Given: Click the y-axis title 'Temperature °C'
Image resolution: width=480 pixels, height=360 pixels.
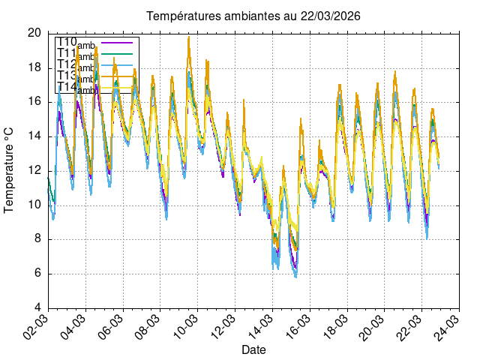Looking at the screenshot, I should pyautogui.click(x=10, y=169).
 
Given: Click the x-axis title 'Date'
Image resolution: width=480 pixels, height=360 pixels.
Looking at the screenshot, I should pyautogui.click(x=253, y=349).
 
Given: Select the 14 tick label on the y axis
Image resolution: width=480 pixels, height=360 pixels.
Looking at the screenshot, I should pyautogui.click(x=34, y=136).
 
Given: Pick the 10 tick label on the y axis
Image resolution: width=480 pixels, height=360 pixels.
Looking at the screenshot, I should pyautogui.click(x=34, y=205).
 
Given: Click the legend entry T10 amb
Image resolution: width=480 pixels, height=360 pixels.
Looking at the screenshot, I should pyautogui.click(x=75, y=43).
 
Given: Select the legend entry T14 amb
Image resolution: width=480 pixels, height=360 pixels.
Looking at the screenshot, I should pyautogui.click(x=75, y=88).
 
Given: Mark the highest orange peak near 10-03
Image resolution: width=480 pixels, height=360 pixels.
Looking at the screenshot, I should pyautogui.click(x=189, y=36).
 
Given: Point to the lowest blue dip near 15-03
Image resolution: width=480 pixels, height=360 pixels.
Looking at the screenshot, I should pyautogui.click(x=295, y=277).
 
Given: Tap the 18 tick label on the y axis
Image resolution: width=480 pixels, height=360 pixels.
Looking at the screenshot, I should pyautogui.click(x=34, y=67).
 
